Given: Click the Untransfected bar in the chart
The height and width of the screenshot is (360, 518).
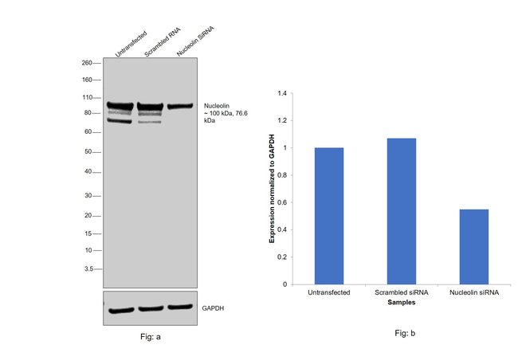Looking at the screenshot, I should [329, 216].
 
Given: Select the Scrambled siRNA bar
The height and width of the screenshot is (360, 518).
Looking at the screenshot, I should [401, 211].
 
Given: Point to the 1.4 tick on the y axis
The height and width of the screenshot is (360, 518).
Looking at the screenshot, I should [281, 93].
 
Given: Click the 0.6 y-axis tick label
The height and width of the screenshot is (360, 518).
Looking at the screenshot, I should [281, 202].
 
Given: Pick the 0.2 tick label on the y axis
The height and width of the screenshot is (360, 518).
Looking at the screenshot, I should [281, 257].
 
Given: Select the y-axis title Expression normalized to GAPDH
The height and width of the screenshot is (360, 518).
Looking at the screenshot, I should [272, 188].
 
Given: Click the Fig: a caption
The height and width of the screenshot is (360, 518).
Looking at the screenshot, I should [150, 337].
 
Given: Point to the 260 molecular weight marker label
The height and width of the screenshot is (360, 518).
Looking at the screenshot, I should [87, 62].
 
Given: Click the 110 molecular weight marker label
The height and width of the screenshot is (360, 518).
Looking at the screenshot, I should [87, 97].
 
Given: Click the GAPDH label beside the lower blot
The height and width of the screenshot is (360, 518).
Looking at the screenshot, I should [213, 307].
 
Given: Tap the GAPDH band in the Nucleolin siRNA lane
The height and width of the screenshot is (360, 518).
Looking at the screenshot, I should [180, 307].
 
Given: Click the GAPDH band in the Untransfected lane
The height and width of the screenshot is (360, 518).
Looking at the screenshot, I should [121, 310].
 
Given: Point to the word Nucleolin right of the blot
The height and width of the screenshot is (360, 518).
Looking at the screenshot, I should [218, 104].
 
